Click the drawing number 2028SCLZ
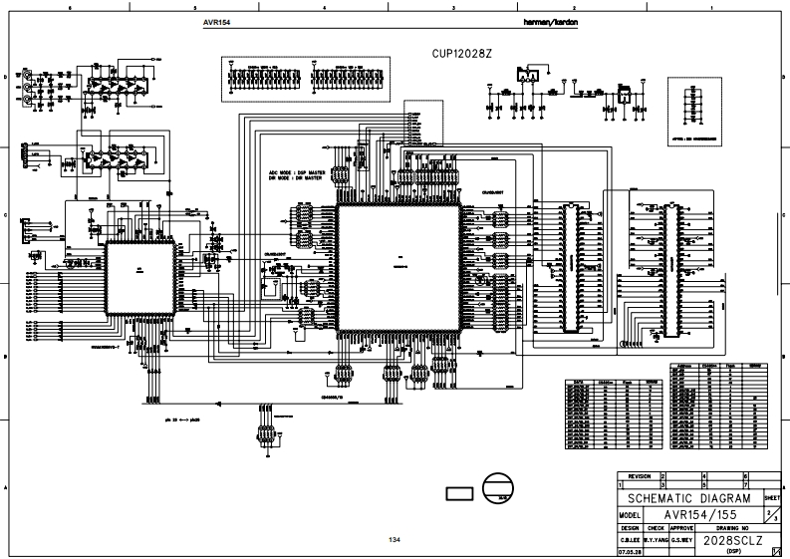pos(732,539)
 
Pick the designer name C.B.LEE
pos(629,539)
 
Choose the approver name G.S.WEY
pos(681,539)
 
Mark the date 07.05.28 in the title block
pos(629,550)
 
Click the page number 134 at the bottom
pos(395,540)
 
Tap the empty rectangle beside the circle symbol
pos(459,493)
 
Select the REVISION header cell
pos(639,476)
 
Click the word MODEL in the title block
pos(629,514)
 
